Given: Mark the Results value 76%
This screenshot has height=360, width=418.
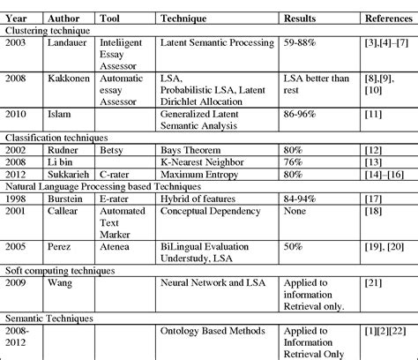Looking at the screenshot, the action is click(x=293, y=163).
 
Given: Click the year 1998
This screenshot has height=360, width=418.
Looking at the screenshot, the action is click(x=18, y=200).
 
